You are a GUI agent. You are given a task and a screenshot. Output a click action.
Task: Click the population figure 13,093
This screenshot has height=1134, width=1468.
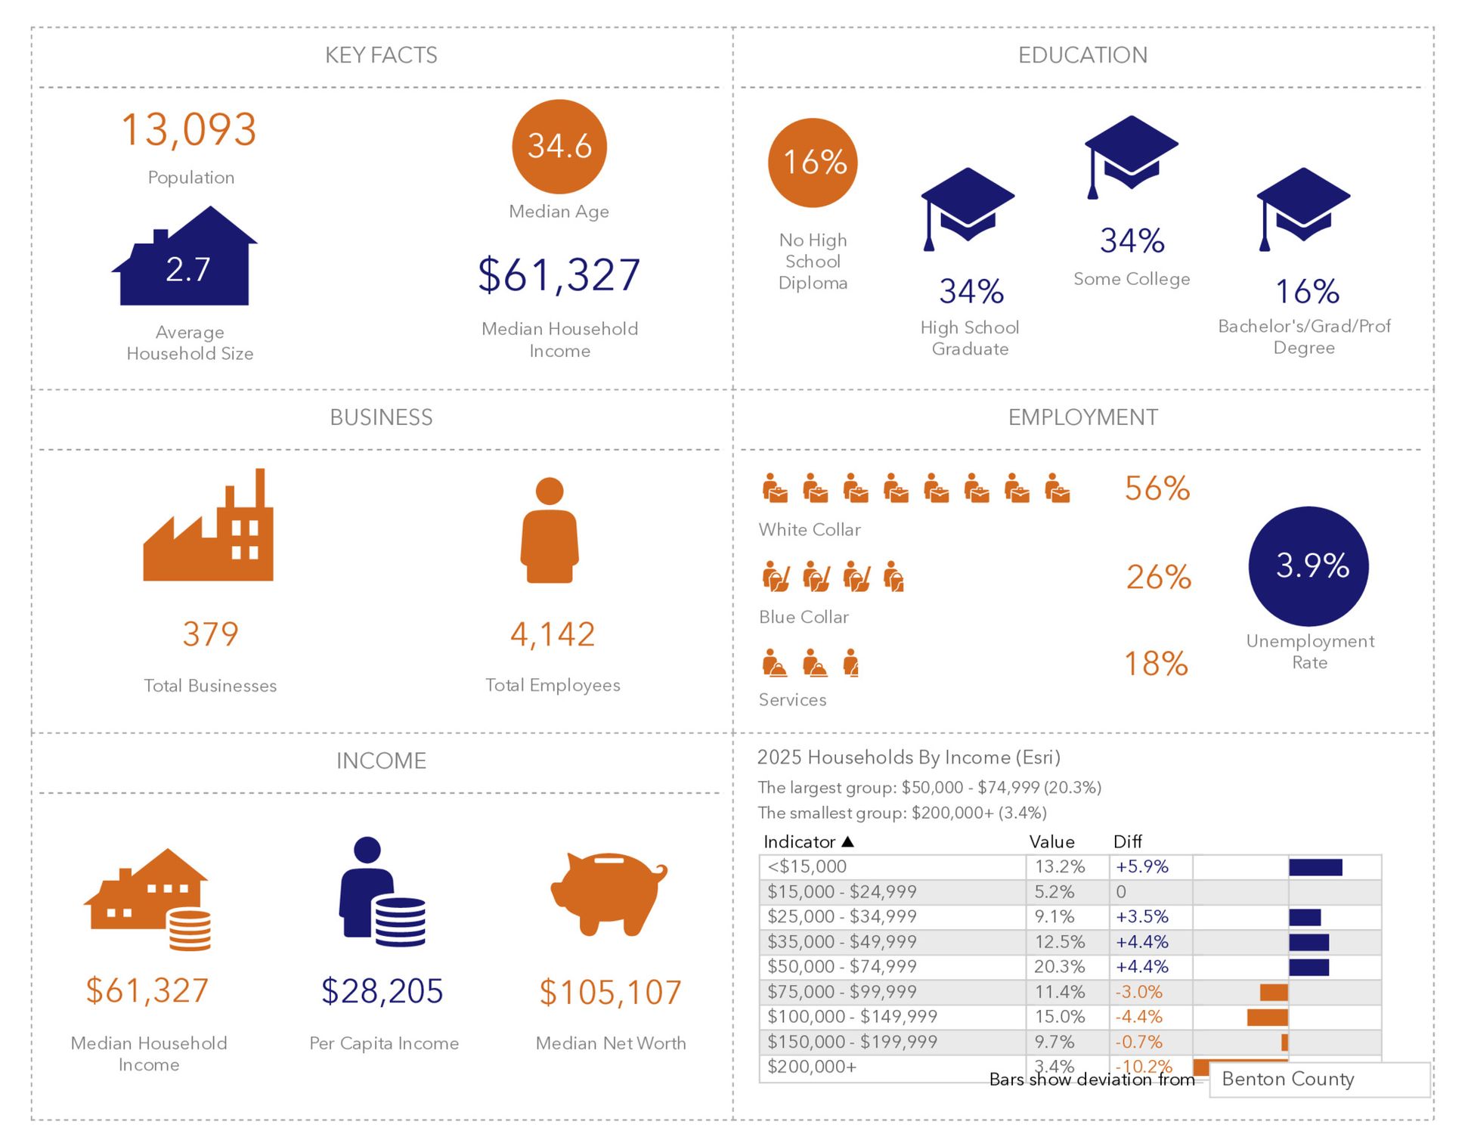189,130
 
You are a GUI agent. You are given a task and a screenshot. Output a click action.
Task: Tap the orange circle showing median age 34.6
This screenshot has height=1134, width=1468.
559,147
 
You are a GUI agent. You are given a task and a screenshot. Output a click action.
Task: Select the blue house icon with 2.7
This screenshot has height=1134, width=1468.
186,260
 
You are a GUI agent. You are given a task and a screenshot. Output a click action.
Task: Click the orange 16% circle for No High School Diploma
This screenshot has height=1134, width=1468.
813,163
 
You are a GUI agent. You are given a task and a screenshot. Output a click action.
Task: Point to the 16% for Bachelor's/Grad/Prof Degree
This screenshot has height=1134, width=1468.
1307,292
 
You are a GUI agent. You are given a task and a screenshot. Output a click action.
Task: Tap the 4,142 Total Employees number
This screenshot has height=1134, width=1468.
553,634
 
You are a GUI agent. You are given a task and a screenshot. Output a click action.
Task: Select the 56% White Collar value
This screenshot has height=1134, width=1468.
1157,489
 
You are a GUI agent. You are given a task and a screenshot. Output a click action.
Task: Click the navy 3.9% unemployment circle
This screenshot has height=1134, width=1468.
1309,566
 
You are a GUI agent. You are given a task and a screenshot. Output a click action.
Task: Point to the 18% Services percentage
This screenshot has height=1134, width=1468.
1156,665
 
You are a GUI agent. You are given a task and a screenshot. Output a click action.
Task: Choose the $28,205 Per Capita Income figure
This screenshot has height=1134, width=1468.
382,991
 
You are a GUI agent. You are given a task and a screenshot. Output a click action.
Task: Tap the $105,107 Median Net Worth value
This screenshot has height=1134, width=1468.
610,993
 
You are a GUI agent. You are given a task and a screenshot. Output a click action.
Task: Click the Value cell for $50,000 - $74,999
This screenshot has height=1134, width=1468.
1059,967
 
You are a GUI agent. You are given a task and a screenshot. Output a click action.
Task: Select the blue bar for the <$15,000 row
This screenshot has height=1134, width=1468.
1315,867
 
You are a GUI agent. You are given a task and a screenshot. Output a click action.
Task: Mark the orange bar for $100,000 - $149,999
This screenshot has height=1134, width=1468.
1268,1017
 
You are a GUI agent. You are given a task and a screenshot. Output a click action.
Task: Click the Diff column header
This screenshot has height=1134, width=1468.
1127,841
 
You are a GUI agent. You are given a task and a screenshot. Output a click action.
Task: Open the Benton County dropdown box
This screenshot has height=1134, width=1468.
1319,1080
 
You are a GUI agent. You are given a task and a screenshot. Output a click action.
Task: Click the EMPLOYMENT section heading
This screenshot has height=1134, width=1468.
1082,417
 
